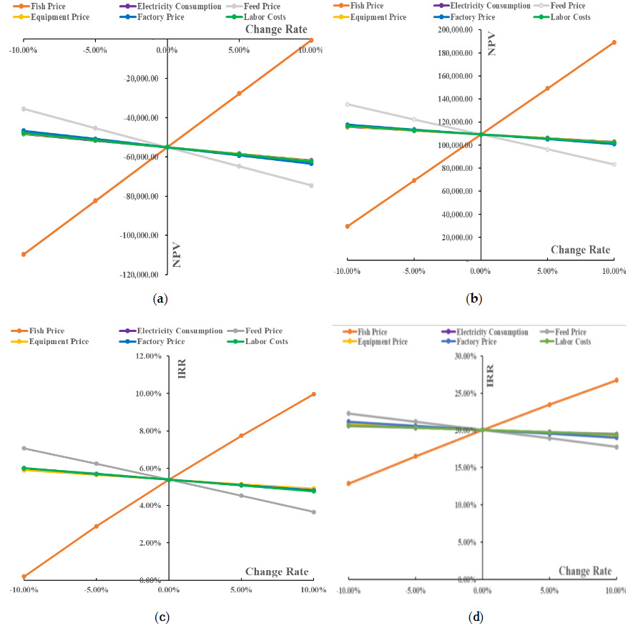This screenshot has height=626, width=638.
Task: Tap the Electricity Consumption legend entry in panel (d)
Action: [493, 332]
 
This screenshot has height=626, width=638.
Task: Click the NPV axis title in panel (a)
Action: [177, 254]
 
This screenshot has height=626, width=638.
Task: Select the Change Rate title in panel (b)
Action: [580, 250]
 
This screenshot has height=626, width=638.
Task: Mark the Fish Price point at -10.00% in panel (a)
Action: [24, 254]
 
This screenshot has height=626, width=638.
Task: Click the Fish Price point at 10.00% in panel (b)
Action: [614, 42]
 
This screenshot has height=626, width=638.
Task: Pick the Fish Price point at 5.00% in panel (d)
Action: [549, 405]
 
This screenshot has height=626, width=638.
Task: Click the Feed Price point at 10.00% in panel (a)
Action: [311, 185]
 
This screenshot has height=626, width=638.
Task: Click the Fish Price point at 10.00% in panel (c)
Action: [313, 394]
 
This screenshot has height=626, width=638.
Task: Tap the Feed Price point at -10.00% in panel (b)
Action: [348, 104]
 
